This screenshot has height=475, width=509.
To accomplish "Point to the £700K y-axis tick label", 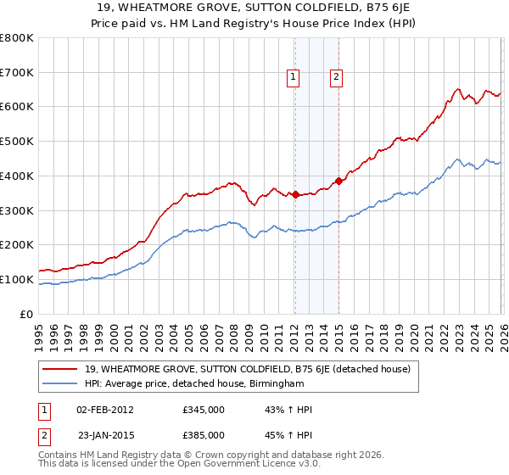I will click(17, 72).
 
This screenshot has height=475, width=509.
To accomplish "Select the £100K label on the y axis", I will click(17, 279).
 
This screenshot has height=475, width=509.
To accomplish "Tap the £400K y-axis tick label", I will click(17, 176).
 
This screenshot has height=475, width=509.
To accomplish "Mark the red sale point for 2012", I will click(294, 195).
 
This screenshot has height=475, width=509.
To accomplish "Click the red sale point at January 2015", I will click(338, 181).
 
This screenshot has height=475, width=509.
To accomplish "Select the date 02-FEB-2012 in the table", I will click(105, 410).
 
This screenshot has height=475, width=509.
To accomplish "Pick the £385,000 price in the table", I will click(204, 434).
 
